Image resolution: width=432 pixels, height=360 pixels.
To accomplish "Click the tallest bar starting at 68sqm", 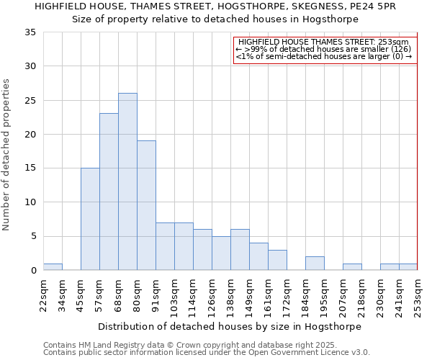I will click(x=127, y=181).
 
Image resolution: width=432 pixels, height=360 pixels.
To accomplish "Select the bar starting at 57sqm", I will click(x=109, y=192).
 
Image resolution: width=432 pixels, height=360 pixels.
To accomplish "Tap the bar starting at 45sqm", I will click(x=90, y=219).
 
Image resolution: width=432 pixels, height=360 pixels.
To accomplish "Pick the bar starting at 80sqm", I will click(x=146, y=205).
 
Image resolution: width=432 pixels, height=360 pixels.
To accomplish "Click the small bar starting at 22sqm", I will click(x=53, y=267).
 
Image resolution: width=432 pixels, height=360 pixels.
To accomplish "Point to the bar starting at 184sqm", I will click(x=315, y=264).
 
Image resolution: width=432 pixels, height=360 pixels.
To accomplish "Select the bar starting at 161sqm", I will click(x=277, y=260).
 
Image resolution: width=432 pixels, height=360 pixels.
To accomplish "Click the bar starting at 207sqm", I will click(x=352, y=267).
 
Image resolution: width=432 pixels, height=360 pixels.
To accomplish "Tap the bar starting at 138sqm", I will click(x=240, y=250).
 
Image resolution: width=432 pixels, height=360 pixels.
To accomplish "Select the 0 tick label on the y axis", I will click(x=33, y=271).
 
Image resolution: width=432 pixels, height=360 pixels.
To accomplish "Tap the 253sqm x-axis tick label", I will click(x=418, y=295).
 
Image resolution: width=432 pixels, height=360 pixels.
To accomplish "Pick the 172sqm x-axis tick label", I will click(x=287, y=295).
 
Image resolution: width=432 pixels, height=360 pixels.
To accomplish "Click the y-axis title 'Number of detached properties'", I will click(x=7, y=155).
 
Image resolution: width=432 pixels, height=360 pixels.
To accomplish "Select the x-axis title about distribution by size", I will click(x=229, y=326).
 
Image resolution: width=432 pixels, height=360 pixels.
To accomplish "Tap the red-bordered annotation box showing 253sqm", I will click(x=325, y=50).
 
